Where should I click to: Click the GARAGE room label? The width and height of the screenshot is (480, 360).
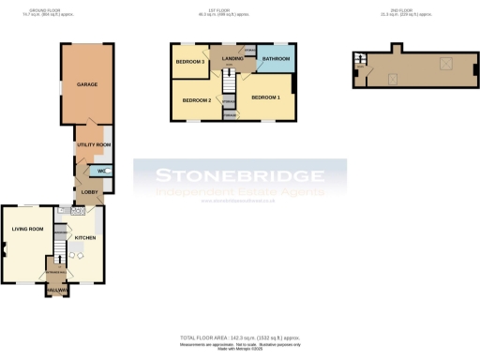(86, 84)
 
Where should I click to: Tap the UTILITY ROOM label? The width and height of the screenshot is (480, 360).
(94, 145)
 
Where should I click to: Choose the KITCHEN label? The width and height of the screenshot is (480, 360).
(85, 238)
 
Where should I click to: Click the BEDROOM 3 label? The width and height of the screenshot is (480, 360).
(189, 62)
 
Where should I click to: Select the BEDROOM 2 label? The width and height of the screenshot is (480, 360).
(196, 100)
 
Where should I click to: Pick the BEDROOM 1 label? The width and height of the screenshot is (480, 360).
(265, 97)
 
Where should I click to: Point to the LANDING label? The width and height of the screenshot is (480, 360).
(232, 58)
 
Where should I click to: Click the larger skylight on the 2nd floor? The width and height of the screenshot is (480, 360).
(446, 65)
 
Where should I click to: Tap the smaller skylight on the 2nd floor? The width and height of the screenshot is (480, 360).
(394, 79)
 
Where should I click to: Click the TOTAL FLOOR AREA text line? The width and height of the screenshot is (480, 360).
(240, 337)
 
